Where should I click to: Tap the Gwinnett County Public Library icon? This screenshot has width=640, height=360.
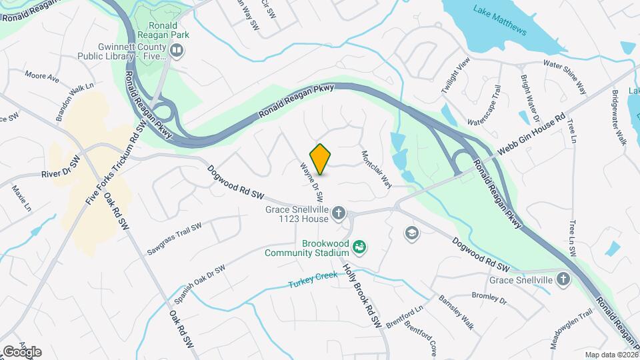pyautogui.click(x=177, y=51)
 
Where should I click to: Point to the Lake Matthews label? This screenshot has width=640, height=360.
pyautogui.click(x=500, y=21)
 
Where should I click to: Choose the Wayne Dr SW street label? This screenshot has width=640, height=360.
pyautogui.click(x=311, y=183)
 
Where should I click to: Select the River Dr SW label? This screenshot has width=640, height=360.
pyautogui.click(x=60, y=174)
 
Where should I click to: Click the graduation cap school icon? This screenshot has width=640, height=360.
pyautogui.click(x=411, y=233)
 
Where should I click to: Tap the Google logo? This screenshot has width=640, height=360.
pyautogui.click(x=22, y=351)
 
